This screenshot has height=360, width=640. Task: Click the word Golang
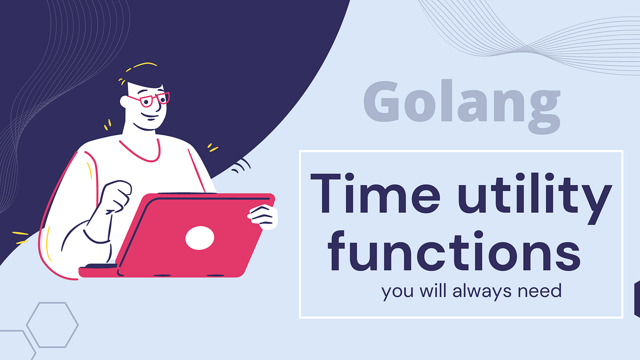(462, 106)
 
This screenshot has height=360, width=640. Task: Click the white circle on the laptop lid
(199, 238)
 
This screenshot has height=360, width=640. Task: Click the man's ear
(124, 101)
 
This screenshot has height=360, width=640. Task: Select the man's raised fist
(116, 196)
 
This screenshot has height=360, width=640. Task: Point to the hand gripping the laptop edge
(263, 217)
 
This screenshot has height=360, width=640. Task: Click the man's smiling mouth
(149, 116)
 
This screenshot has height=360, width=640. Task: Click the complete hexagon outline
(52, 325)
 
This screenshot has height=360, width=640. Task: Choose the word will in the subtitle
(433, 291)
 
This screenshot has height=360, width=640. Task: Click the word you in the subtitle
(397, 293)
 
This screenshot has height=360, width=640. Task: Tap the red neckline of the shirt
(140, 151)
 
